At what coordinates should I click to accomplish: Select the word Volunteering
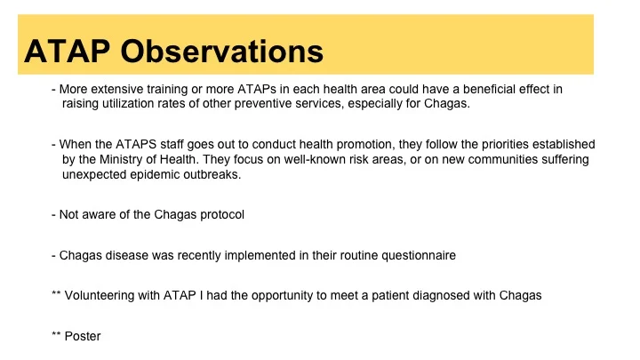[x=107, y=296]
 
